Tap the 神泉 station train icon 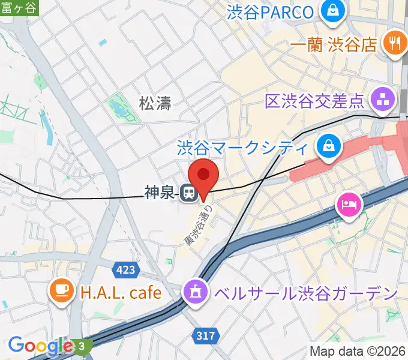(x=188, y=193)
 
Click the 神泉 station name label (x=159, y=193)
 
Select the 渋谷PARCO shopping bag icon (x=331, y=10)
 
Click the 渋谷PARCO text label (x=271, y=11)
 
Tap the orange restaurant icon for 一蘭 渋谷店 (x=394, y=43)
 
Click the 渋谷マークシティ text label (x=242, y=146)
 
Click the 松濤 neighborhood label (x=155, y=104)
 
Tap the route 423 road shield (x=125, y=270)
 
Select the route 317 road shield (x=205, y=336)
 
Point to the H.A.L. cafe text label (x=120, y=293)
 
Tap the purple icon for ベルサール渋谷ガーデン (x=195, y=293)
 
